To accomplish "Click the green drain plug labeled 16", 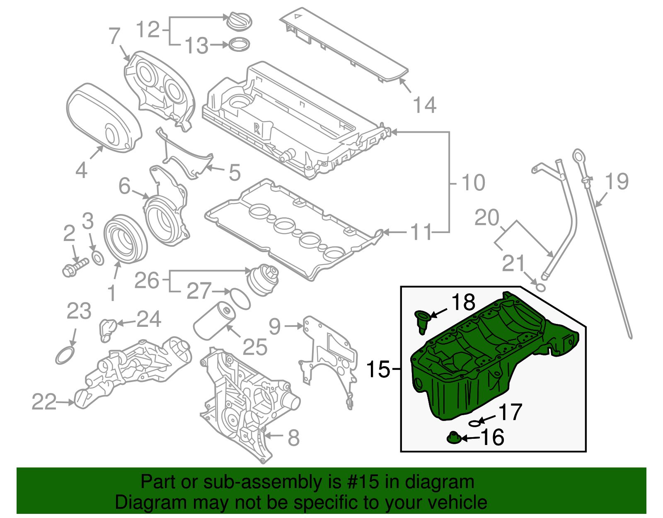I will coord(454,438).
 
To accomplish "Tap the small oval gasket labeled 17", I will coord(476,423).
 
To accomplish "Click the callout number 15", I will coord(378,369).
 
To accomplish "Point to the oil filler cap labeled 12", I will coord(239,21).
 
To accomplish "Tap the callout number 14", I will coord(425,105).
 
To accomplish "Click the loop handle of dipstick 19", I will coord(578,157).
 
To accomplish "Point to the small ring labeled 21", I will coord(540,287).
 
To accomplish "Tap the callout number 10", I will coord(473,183).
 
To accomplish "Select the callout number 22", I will coord(44,402).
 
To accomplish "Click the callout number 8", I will coord(293,438).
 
